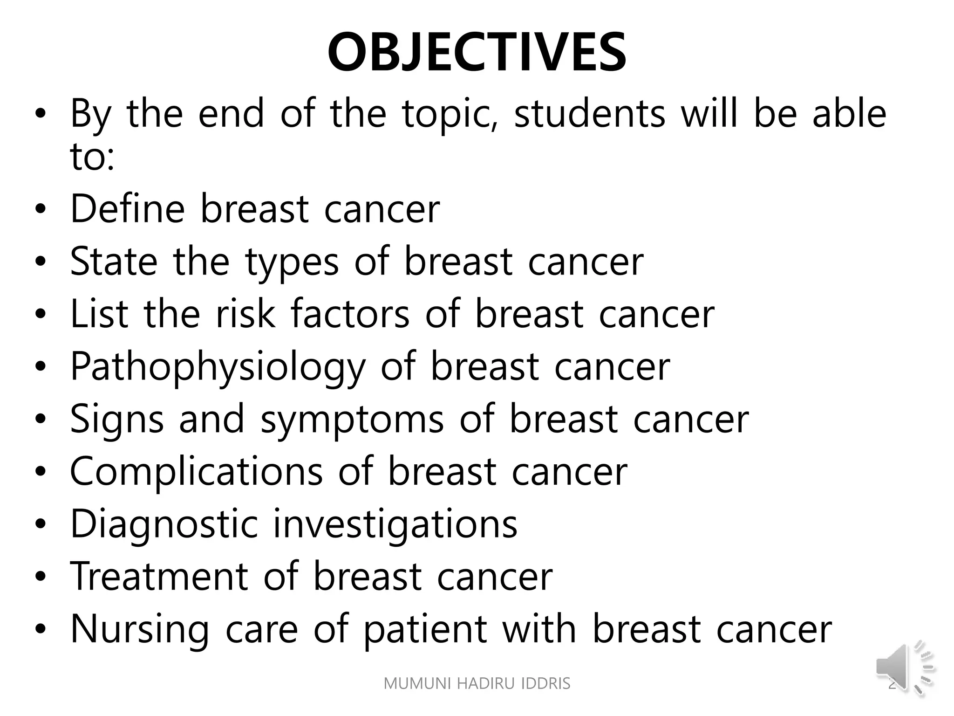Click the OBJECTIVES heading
[477, 52]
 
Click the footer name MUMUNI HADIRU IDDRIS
[477, 683]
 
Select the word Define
[127, 208]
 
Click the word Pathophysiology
[218, 367]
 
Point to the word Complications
[196, 471]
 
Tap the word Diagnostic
[164, 524]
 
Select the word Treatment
[159, 577]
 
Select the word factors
[350, 314]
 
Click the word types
[292, 262]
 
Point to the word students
[589, 114]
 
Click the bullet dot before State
[41, 262]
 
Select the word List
[99, 314]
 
